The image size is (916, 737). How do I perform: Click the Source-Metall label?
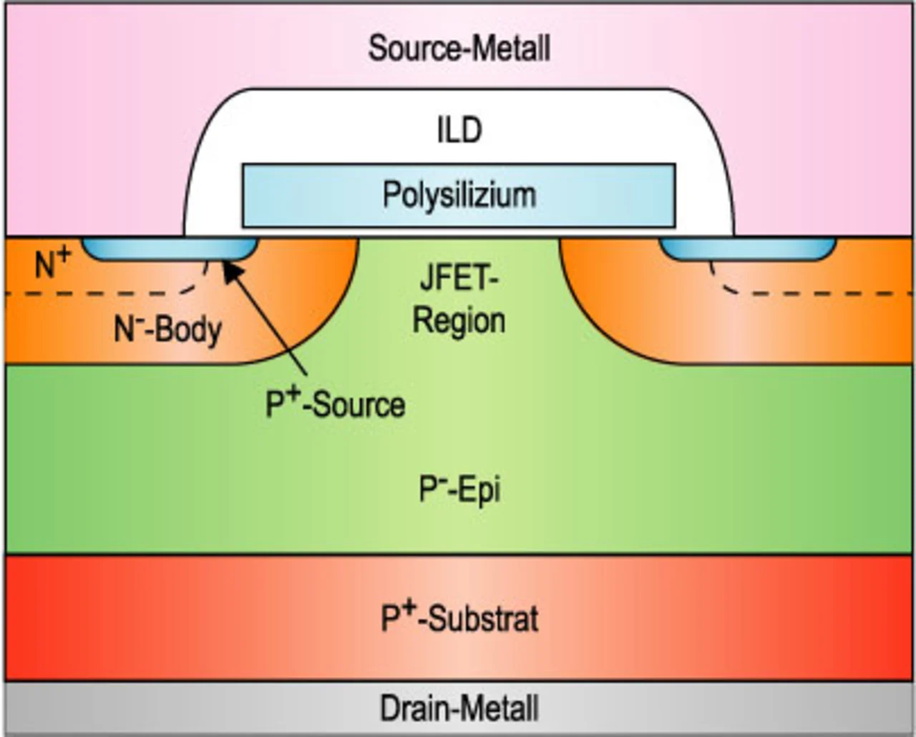coord(459,49)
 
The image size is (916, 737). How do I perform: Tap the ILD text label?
coord(459,130)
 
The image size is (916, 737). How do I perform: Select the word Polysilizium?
coord(459,195)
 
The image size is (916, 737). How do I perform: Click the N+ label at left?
coord(53,263)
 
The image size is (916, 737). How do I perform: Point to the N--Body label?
coord(167,331)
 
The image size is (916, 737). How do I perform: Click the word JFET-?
coord(459,278)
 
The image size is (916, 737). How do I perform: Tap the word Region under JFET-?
coord(459,320)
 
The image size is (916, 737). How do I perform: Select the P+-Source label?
coord(335,404)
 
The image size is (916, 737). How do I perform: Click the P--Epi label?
coord(459,489)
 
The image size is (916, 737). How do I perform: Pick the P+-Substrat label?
coord(459,618)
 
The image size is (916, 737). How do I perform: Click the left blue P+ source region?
coord(170,249)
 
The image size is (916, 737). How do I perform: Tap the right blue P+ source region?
coord(748,249)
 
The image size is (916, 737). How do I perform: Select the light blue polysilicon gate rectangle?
coord(459,195)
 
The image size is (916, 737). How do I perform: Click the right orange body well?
coord(737,301)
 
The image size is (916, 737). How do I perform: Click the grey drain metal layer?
coord(459,708)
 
